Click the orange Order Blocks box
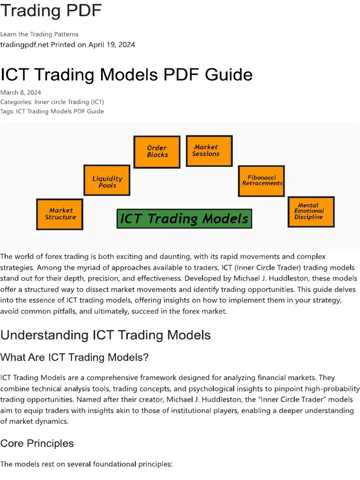tap(157, 151)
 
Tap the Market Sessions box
tap(209, 150)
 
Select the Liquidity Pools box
tap(107, 180)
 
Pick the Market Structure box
tap(60, 214)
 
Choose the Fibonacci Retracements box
tap(262, 180)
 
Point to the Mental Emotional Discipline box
tap(310, 211)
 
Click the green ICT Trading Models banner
tap(184, 218)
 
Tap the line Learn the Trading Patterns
tap(39, 34)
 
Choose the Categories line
tap(52, 102)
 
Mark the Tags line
tap(52, 111)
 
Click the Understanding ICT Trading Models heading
tap(105, 335)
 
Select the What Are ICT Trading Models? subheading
tap(75, 357)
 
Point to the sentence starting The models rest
tap(87, 464)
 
